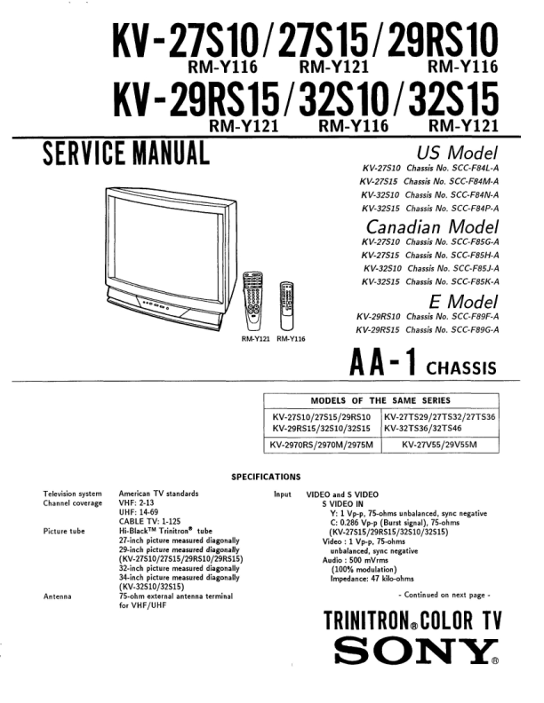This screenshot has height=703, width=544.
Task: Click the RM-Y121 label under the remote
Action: pos(256,338)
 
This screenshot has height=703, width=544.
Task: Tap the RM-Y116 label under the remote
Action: pos(291,338)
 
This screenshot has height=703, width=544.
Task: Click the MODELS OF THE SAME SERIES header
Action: pos(380,400)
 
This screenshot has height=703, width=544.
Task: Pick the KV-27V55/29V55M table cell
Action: pos(438,443)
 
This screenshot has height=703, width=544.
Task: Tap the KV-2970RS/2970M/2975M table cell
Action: pos(323,443)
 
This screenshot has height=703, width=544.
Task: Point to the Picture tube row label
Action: pos(64,531)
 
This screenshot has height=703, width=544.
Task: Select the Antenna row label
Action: pos(59,596)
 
